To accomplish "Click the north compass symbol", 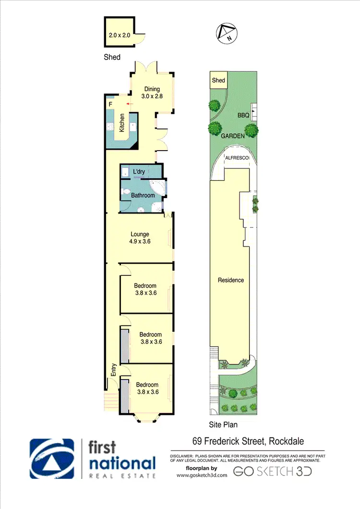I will tap(225, 32).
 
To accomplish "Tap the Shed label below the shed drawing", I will tap(112, 57).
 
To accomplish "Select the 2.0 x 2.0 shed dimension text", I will tap(119, 35).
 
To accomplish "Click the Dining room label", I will tap(152, 89).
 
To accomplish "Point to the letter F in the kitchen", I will tap(110, 104).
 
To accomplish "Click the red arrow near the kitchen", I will tap(128, 104).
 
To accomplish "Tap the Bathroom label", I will tap(143, 196).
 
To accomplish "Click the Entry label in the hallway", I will tap(114, 369).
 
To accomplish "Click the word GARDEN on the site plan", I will tap(233, 136).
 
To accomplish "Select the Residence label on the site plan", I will tap(231, 280).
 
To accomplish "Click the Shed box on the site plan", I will tap(218, 81).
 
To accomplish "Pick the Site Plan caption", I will tap(223, 425).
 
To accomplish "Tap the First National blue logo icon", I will tap(52, 459).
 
